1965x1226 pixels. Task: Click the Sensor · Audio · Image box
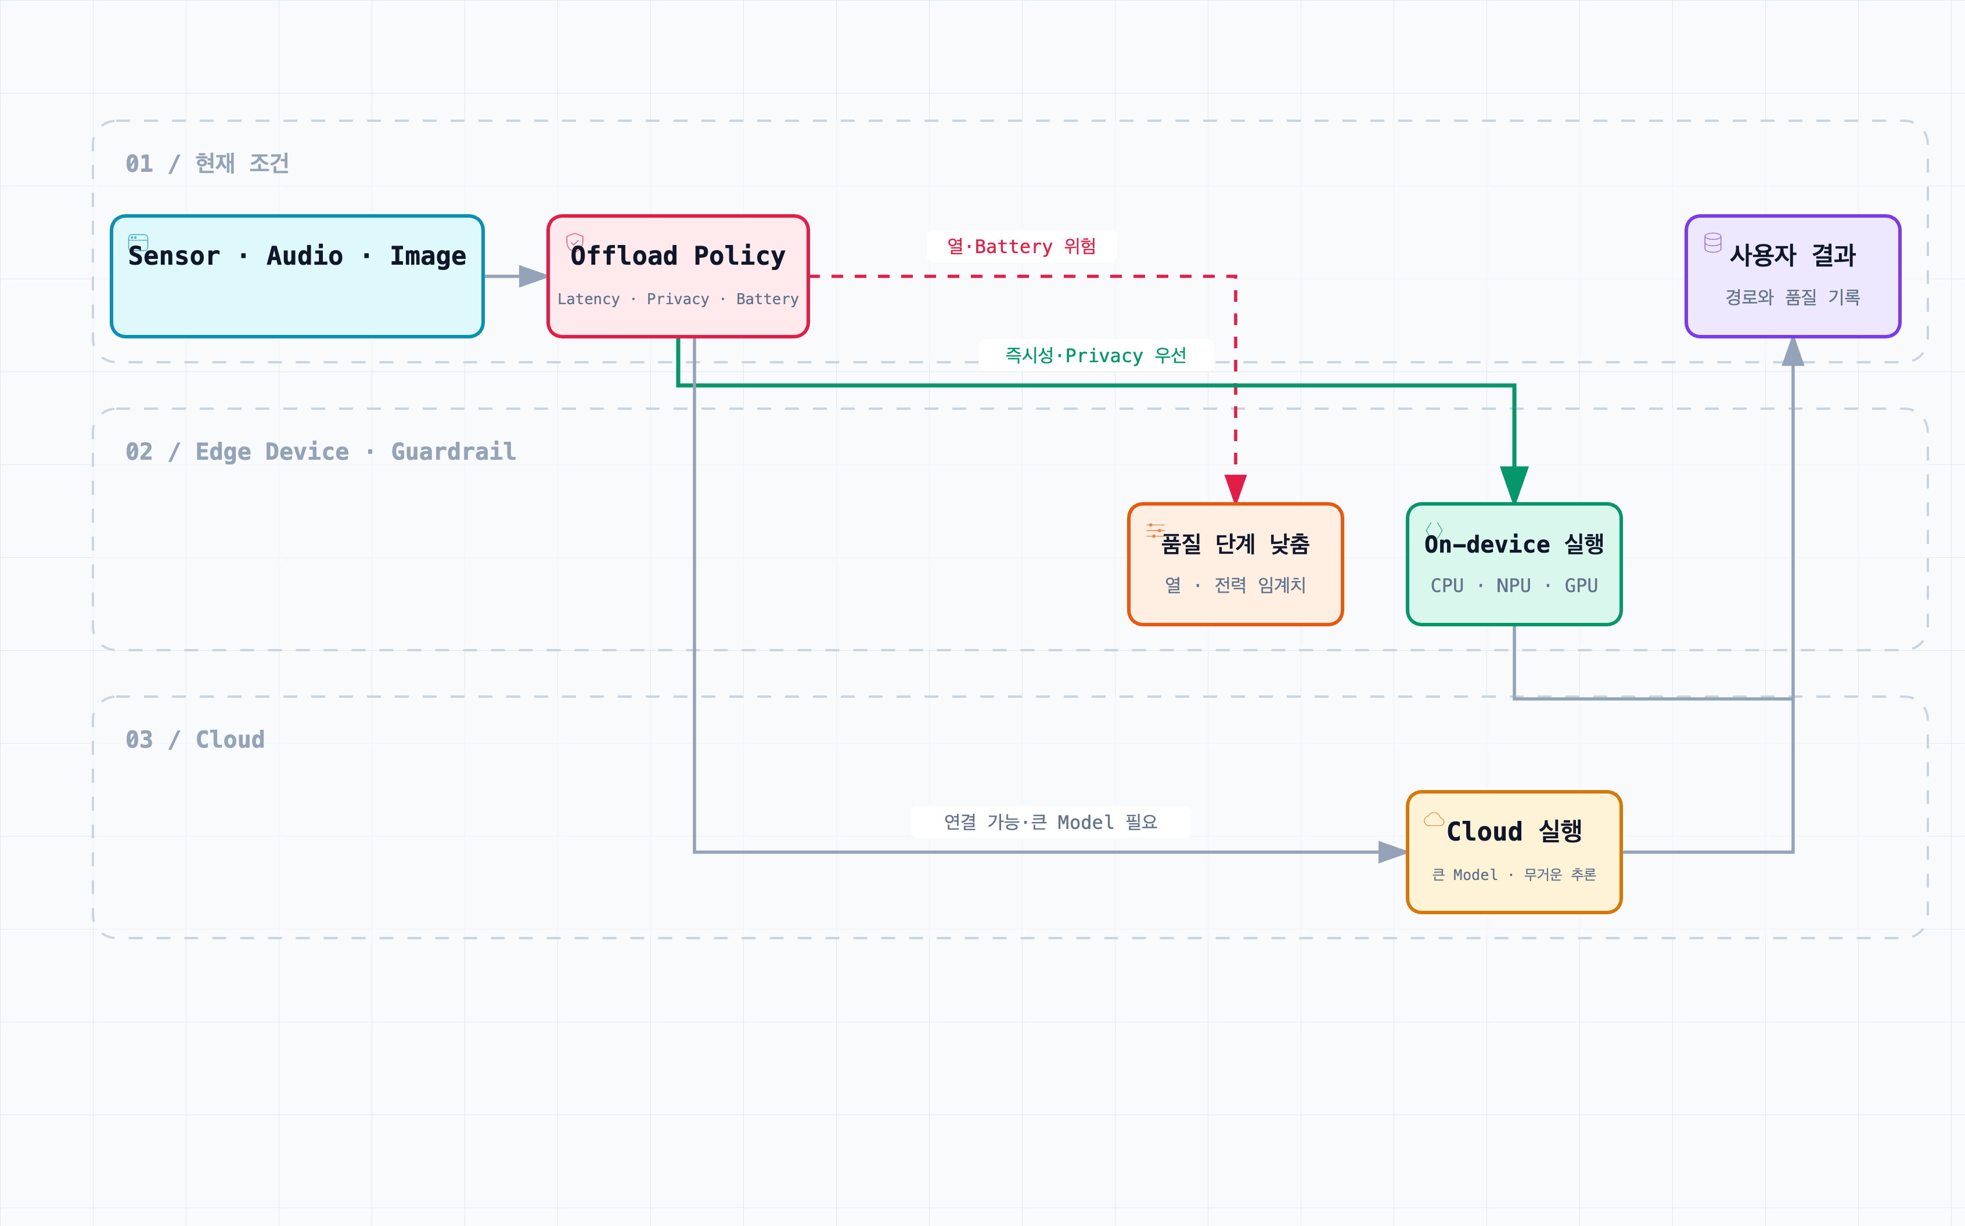pyautogui.click(x=297, y=276)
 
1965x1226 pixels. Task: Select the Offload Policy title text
pyautogui.click(x=678, y=255)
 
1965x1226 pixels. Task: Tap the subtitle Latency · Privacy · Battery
pyautogui.click(x=678, y=299)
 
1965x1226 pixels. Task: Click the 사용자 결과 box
pyautogui.click(x=1793, y=276)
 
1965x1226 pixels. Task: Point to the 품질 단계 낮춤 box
pyautogui.click(x=1235, y=564)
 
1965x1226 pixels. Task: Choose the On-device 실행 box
pyautogui.click(x=1514, y=564)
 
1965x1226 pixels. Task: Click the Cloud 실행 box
pyautogui.click(x=1514, y=852)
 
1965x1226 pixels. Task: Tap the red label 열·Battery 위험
pyautogui.click(x=1021, y=246)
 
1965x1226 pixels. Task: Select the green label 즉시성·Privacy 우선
pyautogui.click(x=1096, y=355)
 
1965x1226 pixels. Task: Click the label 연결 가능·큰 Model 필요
pyautogui.click(x=1050, y=821)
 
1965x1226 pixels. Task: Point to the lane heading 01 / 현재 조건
pyautogui.click(x=208, y=163)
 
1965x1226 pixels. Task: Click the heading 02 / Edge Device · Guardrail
pyautogui.click(x=321, y=451)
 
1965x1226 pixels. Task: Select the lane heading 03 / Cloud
pyautogui.click(x=195, y=739)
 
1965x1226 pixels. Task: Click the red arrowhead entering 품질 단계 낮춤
pyautogui.click(x=1235, y=489)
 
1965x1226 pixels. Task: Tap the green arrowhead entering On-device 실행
pyautogui.click(x=1514, y=485)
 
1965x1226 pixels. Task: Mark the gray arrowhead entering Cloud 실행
pyautogui.click(x=1392, y=852)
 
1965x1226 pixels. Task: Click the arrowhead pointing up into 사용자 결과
pyautogui.click(x=1793, y=351)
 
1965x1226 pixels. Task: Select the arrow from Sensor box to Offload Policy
pyautogui.click(x=516, y=276)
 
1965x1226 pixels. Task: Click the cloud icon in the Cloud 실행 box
pyautogui.click(x=1434, y=819)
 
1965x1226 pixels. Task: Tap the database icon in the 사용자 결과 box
pyautogui.click(x=1713, y=243)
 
